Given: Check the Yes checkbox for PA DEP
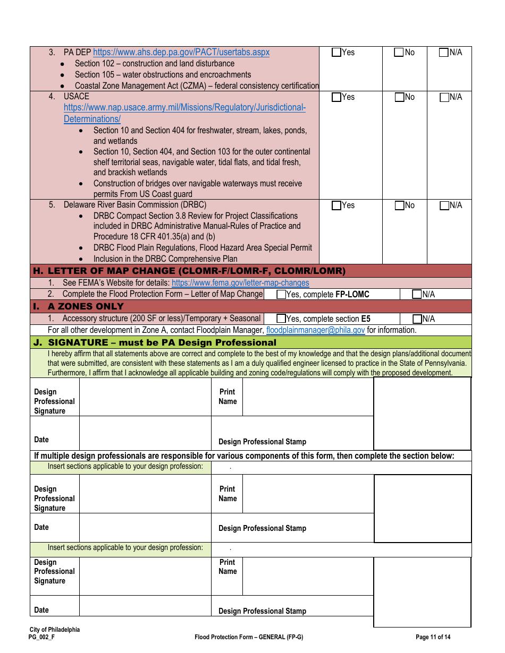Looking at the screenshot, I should point(336,53).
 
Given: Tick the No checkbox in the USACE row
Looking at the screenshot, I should point(399,97).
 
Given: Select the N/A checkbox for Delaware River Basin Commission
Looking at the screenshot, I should point(444,205).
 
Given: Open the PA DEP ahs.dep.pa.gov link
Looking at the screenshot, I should point(181,53).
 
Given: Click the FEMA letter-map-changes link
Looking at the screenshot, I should point(240,283).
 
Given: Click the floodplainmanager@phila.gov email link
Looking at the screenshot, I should point(315,330).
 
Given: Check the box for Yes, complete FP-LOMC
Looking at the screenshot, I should point(281,295).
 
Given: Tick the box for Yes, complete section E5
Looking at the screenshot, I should point(281,319).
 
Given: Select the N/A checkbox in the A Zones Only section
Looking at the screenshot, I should point(417,319).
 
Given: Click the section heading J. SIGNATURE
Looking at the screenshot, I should point(162,342).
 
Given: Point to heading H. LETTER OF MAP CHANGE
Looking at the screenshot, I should point(189,271).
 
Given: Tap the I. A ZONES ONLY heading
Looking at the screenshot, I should point(86,307).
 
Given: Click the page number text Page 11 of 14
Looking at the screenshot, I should point(433,637).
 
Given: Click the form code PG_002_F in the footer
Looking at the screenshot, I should point(42,637).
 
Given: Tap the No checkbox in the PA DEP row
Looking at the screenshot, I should point(399,53).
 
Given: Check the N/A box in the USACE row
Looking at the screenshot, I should point(444,97).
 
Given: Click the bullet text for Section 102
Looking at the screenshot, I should point(154,64).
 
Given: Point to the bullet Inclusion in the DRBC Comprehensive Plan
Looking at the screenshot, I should point(165,259).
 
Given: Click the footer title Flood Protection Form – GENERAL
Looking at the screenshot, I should point(249,637).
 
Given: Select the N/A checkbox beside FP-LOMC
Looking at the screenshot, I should point(417,295).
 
